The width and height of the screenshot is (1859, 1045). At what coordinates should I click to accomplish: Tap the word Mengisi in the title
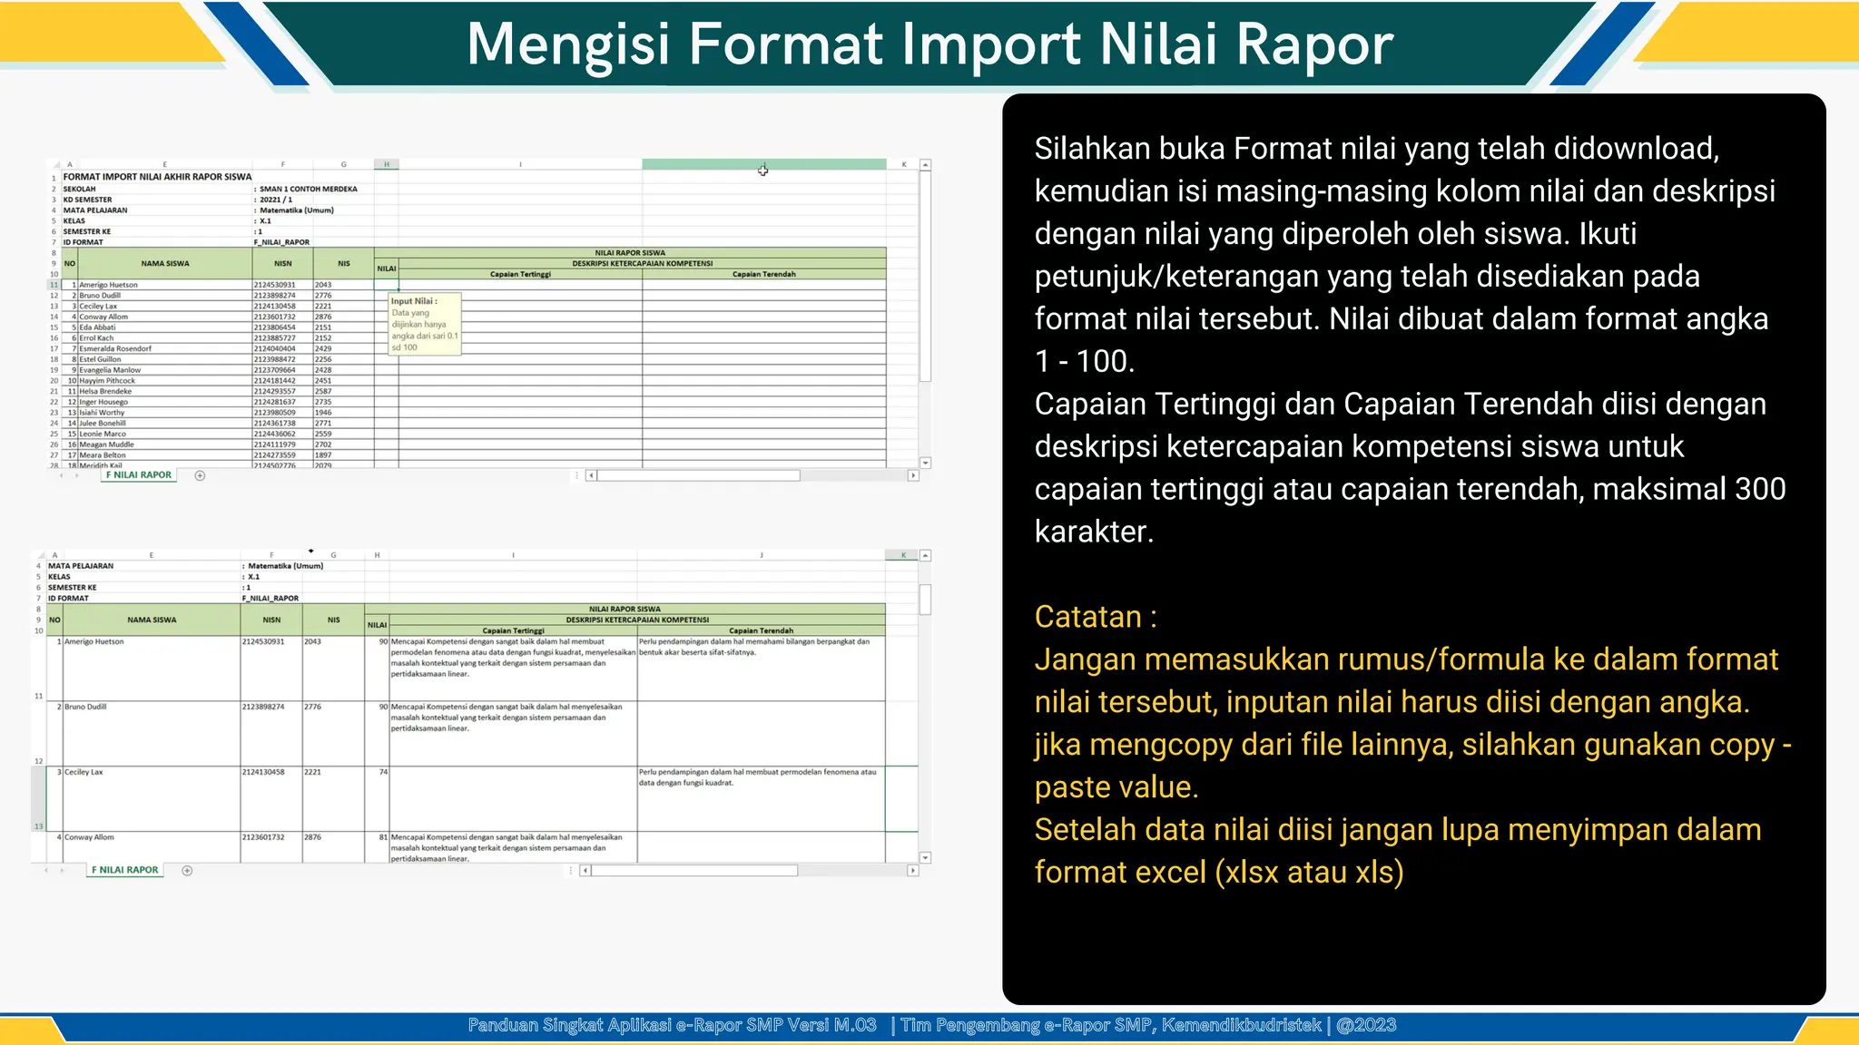(x=568, y=44)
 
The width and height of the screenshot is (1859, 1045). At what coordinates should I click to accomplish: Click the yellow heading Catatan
(x=1095, y=617)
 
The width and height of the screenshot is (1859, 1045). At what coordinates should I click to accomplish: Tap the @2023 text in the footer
(x=1366, y=1025)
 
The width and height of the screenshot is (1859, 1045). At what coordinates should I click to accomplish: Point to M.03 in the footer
(x=855, y=1025)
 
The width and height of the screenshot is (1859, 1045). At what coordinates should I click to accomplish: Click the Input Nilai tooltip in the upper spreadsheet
(x=424, y=324)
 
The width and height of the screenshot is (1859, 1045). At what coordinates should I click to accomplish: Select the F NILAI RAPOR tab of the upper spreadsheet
(x=138, y=474)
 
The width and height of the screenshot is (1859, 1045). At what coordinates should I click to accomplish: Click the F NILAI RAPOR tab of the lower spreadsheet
(x=124, y=870)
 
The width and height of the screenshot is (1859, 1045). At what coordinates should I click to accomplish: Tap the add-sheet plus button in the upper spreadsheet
(x=200, y=475)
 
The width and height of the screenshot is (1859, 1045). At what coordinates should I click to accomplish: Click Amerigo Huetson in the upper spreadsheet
(x=108, y=285)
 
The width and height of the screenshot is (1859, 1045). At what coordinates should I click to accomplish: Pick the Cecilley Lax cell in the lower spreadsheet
(x=84, y=772)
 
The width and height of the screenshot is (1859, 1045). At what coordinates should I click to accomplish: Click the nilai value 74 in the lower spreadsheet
(x=383, y=772)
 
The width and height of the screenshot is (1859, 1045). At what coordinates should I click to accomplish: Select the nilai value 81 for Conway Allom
(x=383, y=837)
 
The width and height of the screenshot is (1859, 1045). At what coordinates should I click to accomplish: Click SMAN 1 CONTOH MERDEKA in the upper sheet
(x=309, y=189)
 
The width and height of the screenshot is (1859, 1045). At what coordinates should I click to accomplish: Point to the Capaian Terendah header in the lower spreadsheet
(x=761, y=630)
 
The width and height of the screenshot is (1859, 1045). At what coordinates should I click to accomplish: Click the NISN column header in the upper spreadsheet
(x=283, y=264)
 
